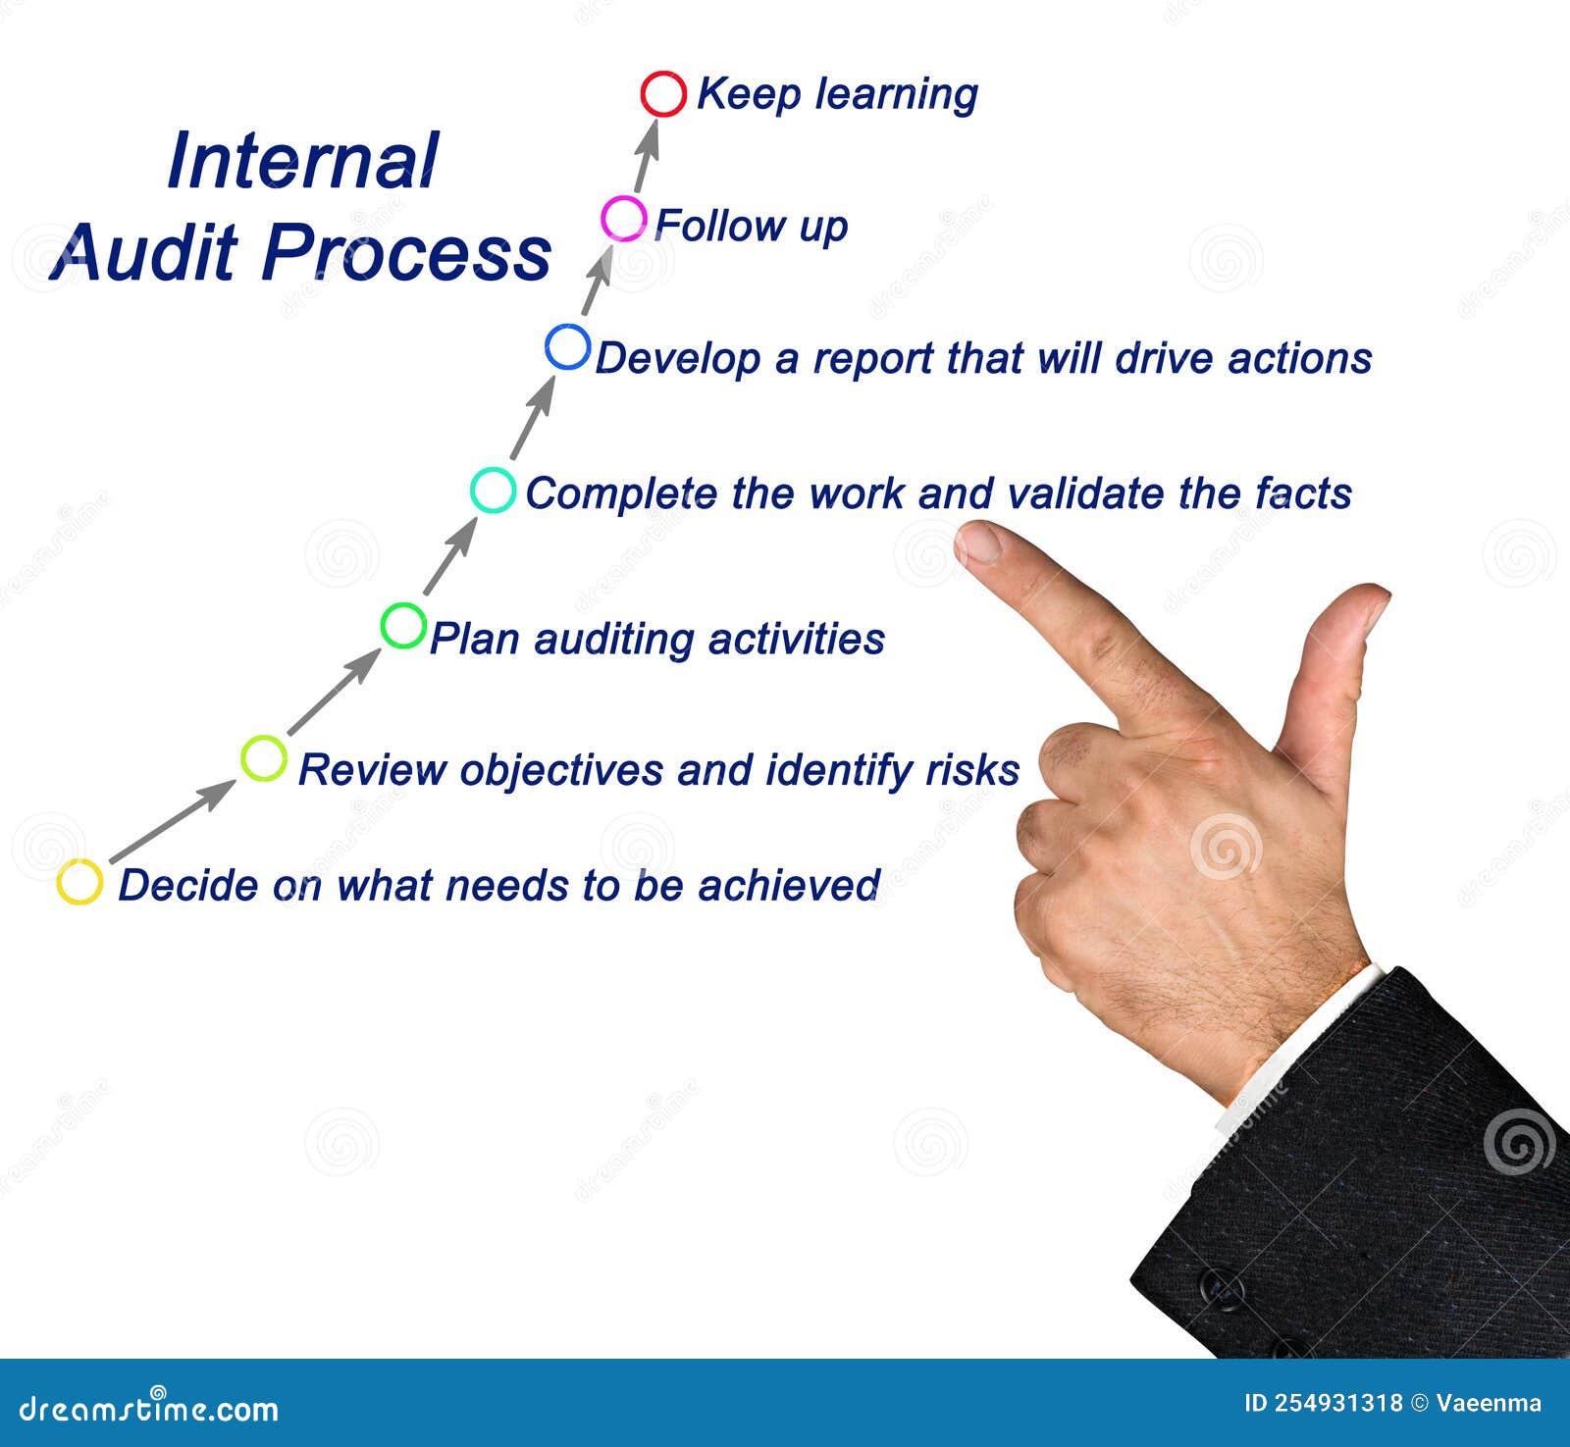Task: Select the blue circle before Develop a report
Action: click(x=568, y=327)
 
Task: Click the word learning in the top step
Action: click(x=897, y=96)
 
